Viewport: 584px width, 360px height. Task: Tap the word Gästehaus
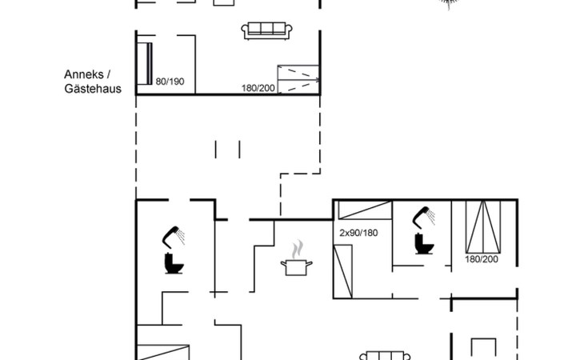pos(93,89)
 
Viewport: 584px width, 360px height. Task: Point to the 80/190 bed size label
pos(170,82)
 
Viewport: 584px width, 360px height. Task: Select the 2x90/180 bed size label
pos(358,233)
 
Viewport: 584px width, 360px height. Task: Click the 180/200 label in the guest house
pos(258,88)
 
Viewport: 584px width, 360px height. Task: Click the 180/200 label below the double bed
pos(482,259)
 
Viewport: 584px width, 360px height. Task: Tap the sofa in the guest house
pos(266,31)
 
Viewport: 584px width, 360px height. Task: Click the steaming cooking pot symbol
pos(297,258)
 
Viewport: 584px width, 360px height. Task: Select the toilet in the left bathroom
pos(174,263)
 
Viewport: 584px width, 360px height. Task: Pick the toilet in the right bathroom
pos(424,244)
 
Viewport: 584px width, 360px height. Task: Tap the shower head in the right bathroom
pos(423,217)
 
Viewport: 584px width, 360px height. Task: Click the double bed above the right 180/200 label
pos(483,226)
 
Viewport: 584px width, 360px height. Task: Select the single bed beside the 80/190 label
pos(145,64)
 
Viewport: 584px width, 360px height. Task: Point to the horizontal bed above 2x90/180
pos(365,210)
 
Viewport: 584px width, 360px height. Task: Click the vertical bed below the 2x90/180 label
pos(342,271)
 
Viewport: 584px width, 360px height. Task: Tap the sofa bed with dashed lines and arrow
pos(298,79)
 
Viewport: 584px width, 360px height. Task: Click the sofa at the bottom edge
pos(385,355)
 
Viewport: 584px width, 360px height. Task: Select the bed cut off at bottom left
pos(163,353)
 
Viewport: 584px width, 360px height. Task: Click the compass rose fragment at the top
pos(448,4)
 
